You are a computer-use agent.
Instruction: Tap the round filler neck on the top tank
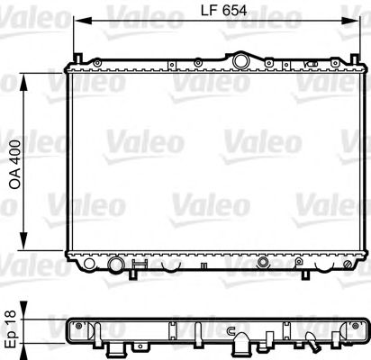click(240, 60)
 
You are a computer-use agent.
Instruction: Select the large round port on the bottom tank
click(114, 265)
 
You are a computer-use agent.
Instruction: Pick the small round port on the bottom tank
click(262, 265)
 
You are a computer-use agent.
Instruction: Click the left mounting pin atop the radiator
click(195, 61)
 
